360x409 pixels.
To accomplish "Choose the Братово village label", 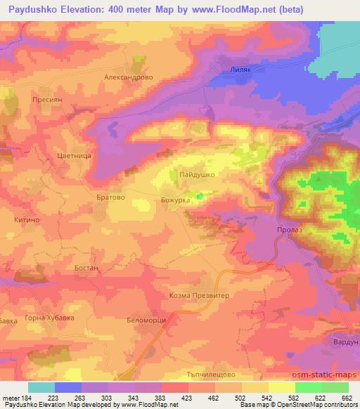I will coord(110,198).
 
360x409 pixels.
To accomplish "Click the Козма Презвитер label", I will coord(200,296).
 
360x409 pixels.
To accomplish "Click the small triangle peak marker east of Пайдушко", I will coord(259,182).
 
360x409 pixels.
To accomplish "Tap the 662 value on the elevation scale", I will coord(345,398).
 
